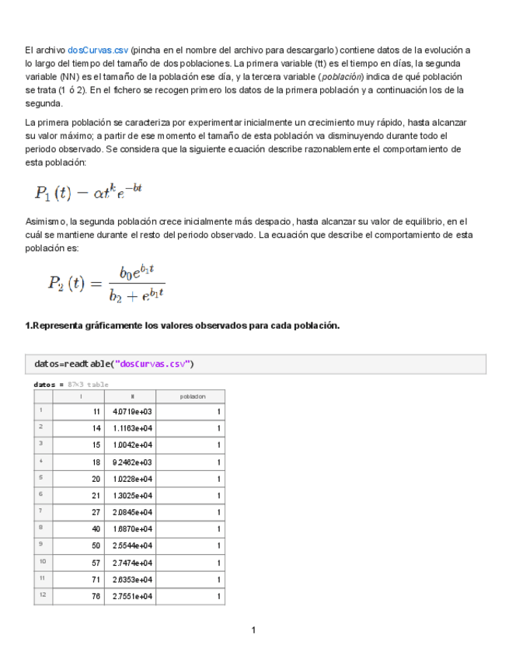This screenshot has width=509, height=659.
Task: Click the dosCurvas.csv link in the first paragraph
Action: pos(98,51)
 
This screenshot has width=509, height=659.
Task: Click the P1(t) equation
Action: pos(88,190)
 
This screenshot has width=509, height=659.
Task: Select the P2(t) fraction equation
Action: pos(106,283)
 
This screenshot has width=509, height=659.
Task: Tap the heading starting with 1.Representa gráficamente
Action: pos(183,326)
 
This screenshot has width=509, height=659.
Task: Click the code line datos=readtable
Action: pos(114,364)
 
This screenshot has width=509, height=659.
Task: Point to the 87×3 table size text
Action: pos(88,384)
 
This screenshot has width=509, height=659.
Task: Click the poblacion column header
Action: pos(193,396)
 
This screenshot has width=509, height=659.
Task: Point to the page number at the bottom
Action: pos(253,629)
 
